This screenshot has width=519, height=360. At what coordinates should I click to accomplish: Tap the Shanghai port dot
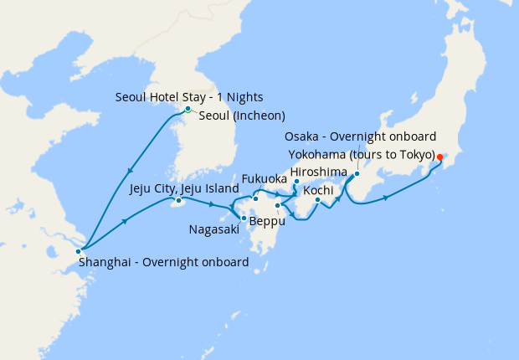click(79, 251)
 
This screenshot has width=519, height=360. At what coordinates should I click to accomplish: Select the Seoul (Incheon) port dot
click(188, 109)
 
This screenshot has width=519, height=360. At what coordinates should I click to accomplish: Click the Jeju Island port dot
click(177, 200)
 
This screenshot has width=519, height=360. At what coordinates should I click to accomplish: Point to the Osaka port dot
click(357, 174)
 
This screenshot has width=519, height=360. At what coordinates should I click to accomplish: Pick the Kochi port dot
click(317, 199)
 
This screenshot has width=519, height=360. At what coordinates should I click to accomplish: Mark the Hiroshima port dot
click(296, 181)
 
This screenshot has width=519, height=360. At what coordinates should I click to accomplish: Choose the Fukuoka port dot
click(255, 198)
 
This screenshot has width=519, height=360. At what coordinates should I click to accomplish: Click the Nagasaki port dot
click(243, 219)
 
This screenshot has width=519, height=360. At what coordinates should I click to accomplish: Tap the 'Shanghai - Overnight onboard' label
click(164, 262)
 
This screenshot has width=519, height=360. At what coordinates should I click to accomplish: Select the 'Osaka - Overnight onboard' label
click(361, 137)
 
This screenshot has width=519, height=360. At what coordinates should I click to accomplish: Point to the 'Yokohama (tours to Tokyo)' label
click(362, 155)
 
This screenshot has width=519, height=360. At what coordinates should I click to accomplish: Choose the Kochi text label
click(318, 190)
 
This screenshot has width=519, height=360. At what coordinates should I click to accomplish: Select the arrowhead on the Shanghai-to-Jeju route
click(125, 222)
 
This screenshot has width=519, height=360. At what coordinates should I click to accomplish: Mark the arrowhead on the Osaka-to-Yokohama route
click(386, 198)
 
